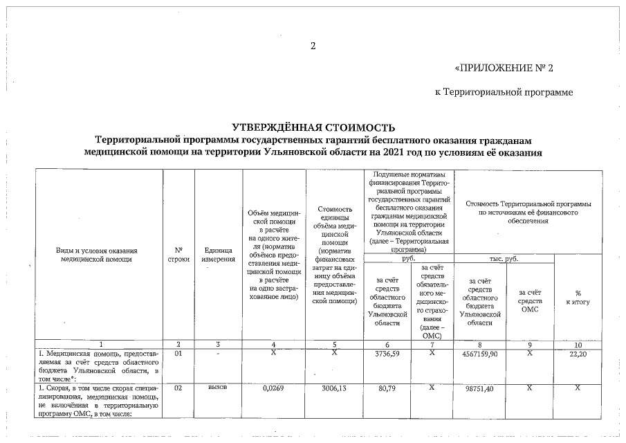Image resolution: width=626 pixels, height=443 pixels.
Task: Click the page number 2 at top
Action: pyautogui.click(x=313, y=46)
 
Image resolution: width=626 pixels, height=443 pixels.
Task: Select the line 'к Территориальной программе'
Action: pyautogui.click(x=504, y=91)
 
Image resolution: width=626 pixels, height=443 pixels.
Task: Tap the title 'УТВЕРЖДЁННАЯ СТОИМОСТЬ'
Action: pyautogui.click(x=313, y=127)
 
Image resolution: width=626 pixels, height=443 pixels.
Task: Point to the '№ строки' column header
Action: pyautogui.click(x=178, y=254)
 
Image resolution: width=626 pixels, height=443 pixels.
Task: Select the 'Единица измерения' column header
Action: pyautogui.click(x=218, y=254)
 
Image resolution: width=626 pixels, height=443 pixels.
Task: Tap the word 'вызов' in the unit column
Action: pyautogui.click(x=218, y=388)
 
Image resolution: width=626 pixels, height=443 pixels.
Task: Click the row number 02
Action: pyautogui.click(x=178, y=388)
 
